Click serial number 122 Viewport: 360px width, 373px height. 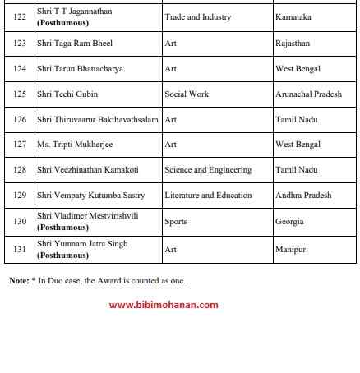(x=20, y=17)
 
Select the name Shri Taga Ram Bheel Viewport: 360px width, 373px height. (x=74, y=43)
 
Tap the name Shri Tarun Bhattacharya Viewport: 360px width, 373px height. (x=80, y=68)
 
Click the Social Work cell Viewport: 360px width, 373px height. (x=187, y=94)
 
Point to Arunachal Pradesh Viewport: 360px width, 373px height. (x=308, y=94)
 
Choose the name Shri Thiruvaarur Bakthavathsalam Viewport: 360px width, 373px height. (x=97, y=119)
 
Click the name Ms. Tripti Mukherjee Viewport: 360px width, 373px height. (x=75, y=145)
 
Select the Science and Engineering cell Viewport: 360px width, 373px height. (x=208, y=170)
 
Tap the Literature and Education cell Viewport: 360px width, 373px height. (x=208, y=196)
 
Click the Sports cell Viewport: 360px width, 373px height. (x=176, y=221)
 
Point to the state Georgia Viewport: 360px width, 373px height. (x=289, y=221)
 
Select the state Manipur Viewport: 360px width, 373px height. (x=290, y=249)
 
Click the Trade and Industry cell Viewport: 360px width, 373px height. (x=197, y=17)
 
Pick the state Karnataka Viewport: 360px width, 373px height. (x=294, y=17)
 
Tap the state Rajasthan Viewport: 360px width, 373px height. (x=293, y=43)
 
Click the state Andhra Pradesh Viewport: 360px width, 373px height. (x=303, y=196)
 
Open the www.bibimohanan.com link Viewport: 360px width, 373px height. (x=164, y=305)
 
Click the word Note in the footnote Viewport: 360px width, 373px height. (x=18, y=280)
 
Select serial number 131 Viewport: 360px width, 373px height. (x=20, y=249)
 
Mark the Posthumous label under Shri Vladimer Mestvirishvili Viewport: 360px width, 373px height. (x=62, y=227)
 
